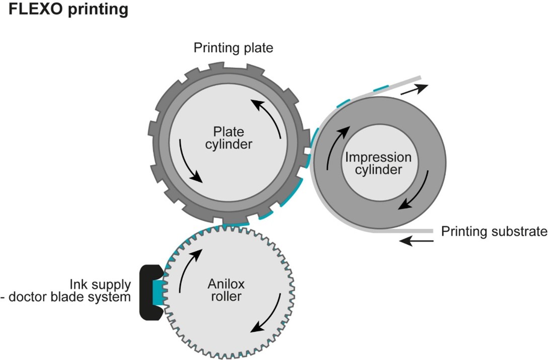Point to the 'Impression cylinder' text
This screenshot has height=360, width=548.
tap(378, 164)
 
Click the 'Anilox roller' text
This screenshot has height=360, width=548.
tap(225, 291)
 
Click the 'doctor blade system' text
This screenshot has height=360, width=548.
tap(71, 297)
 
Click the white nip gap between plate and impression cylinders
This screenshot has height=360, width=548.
tap(306, 151)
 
